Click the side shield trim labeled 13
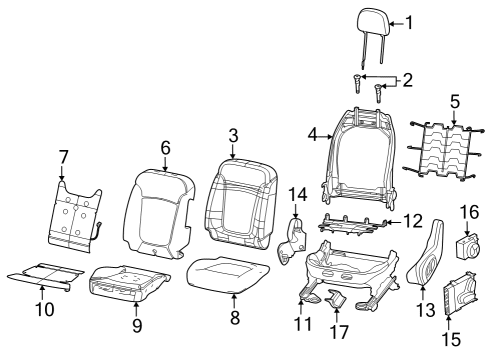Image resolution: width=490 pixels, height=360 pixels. tap(429, 262)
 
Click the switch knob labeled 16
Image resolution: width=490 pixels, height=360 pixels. tap(469, 244)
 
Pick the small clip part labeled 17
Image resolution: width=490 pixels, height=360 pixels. tap(338, 300)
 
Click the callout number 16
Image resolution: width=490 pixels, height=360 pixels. tap(469, 212)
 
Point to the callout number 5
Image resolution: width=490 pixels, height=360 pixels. tap(454, 101)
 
